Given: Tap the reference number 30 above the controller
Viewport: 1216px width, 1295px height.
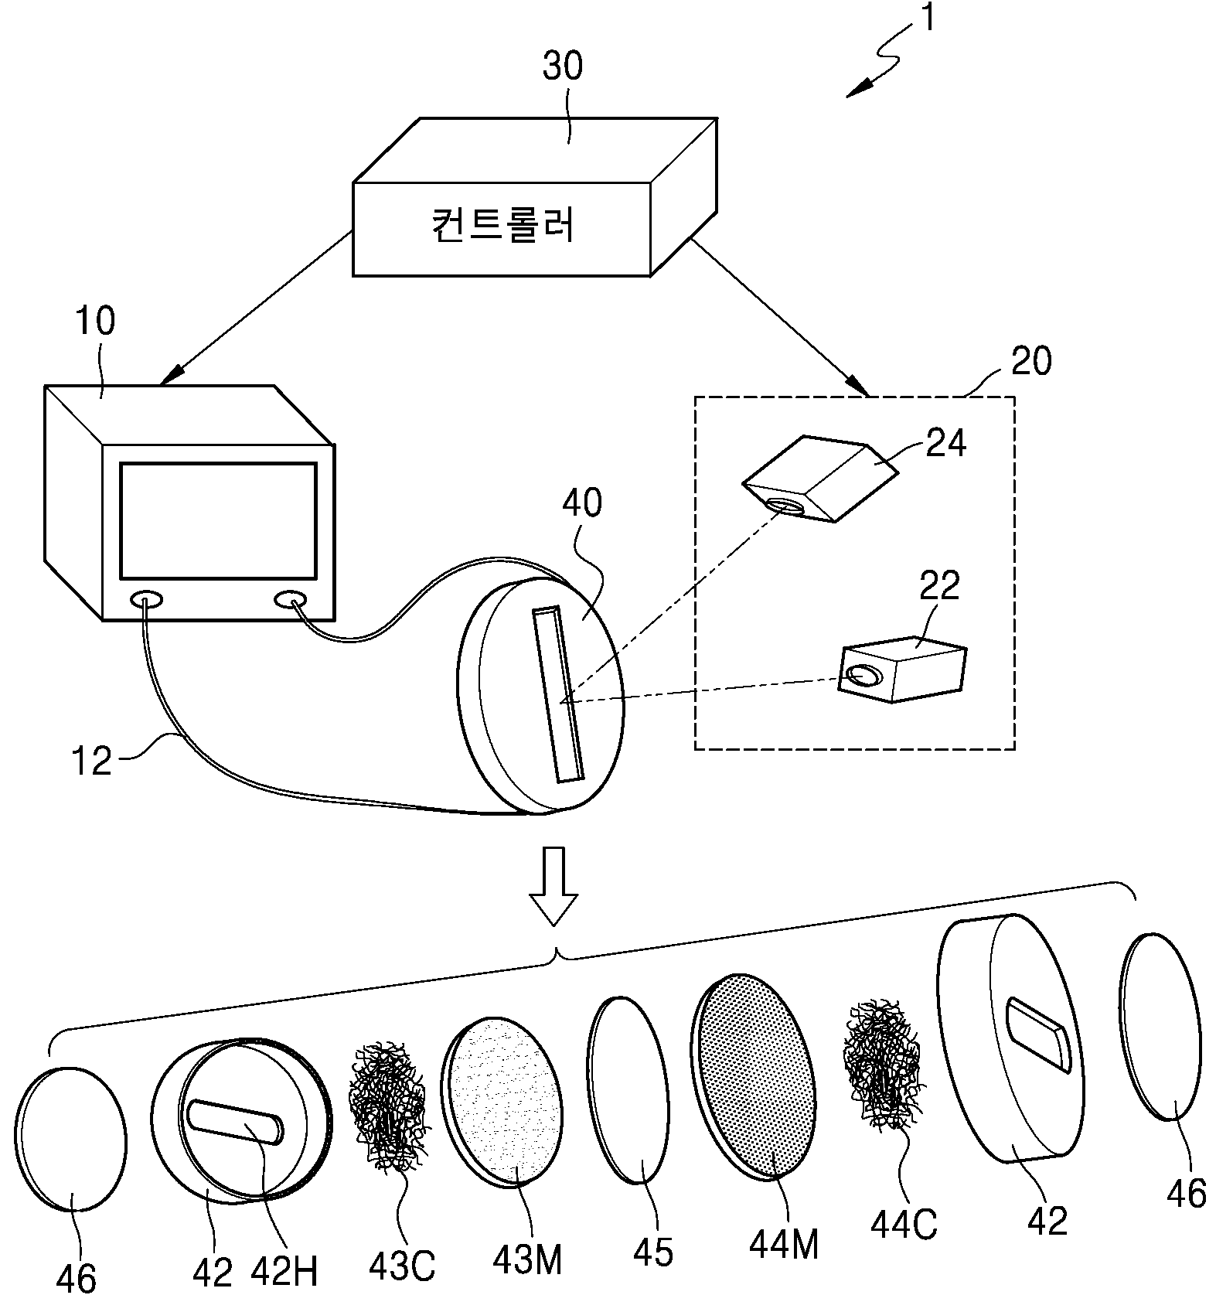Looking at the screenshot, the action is click(563, 66).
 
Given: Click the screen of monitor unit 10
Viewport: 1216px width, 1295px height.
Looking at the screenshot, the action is click(218, 521).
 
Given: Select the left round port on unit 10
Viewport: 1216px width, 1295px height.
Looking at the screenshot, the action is click(147, 599).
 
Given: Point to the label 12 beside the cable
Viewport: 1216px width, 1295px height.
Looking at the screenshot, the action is click(91, 762).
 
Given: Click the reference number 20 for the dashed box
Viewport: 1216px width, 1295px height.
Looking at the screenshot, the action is click(1030, 362).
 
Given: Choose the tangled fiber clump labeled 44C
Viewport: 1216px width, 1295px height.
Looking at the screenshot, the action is click(881, 1065).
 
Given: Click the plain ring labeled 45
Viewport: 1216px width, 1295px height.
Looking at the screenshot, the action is click(628, 1089).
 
